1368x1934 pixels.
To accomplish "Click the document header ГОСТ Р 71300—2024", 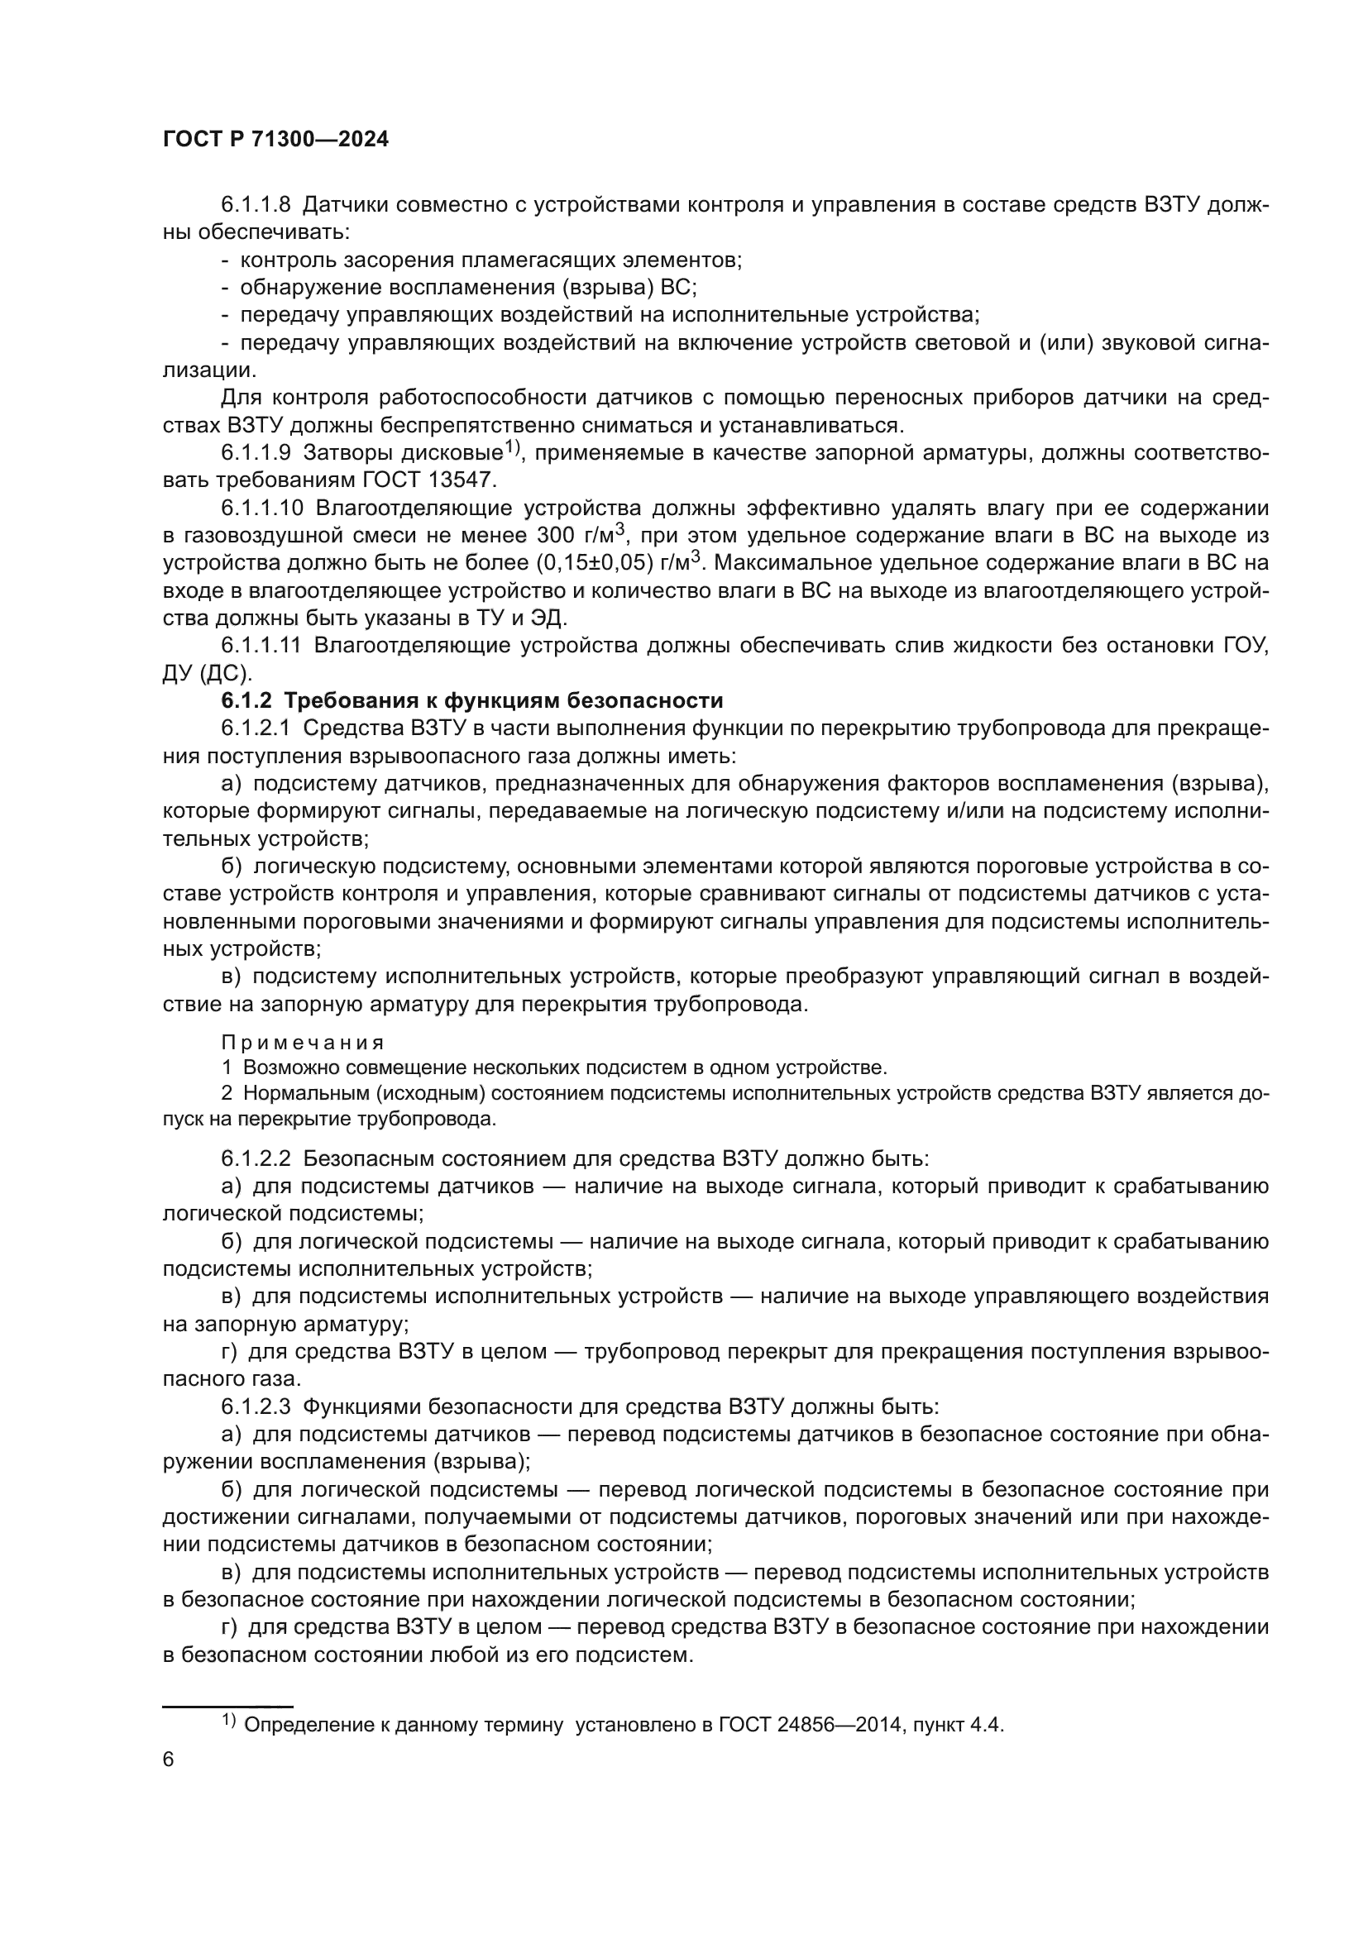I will click(275, 140).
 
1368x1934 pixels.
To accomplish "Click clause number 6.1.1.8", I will click(256, 205).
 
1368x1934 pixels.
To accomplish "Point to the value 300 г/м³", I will click(581, 536).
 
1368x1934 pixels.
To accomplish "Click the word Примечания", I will click(303, 1043).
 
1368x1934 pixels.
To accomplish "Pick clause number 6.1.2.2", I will click(256, 1159).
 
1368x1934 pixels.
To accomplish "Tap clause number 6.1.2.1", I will click(256, 728).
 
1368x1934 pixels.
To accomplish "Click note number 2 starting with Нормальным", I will click(227, 1093).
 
